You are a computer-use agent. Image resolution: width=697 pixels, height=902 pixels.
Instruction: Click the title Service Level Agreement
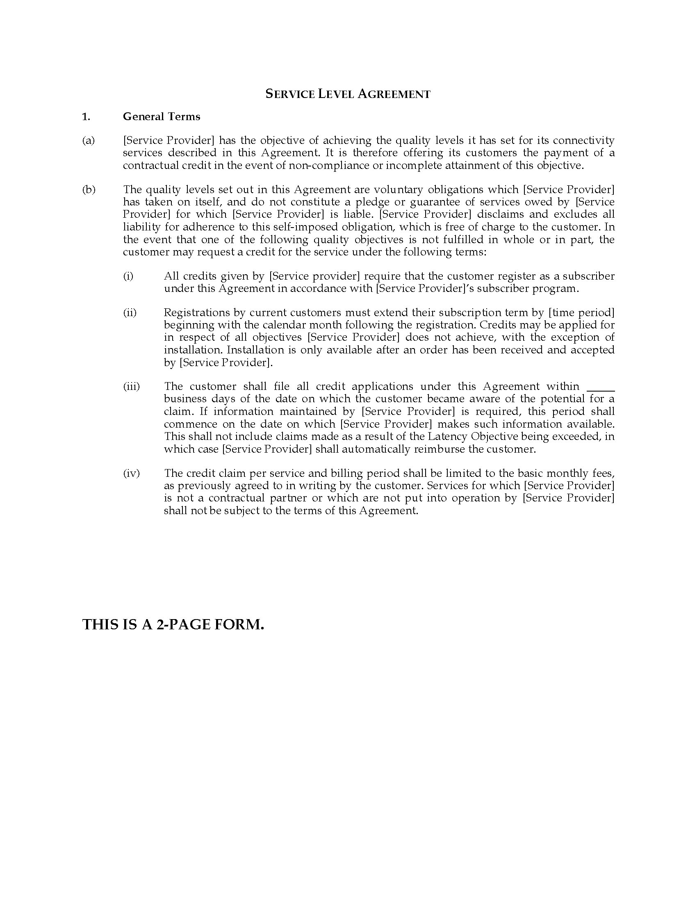(348, 94)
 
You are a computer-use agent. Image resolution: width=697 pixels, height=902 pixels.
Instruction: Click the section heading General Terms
(162, 117)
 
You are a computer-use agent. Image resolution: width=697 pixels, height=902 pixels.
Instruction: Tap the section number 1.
(86, 117)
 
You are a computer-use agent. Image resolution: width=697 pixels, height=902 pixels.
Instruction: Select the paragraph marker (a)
(89, 141)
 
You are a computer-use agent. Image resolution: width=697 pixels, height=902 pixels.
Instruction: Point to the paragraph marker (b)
(89, 189)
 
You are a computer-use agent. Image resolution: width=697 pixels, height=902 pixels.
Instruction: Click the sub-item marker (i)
(128, 276)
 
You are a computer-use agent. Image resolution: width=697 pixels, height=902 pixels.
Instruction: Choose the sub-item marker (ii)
(130, 313)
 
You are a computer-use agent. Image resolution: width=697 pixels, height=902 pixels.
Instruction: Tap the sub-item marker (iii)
(131, 387)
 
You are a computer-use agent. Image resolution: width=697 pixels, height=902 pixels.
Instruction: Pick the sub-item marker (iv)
(131, 473)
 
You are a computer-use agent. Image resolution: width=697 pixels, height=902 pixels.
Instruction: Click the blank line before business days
(601, 388)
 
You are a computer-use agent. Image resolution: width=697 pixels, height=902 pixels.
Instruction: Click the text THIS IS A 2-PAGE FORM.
(173, 624)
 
